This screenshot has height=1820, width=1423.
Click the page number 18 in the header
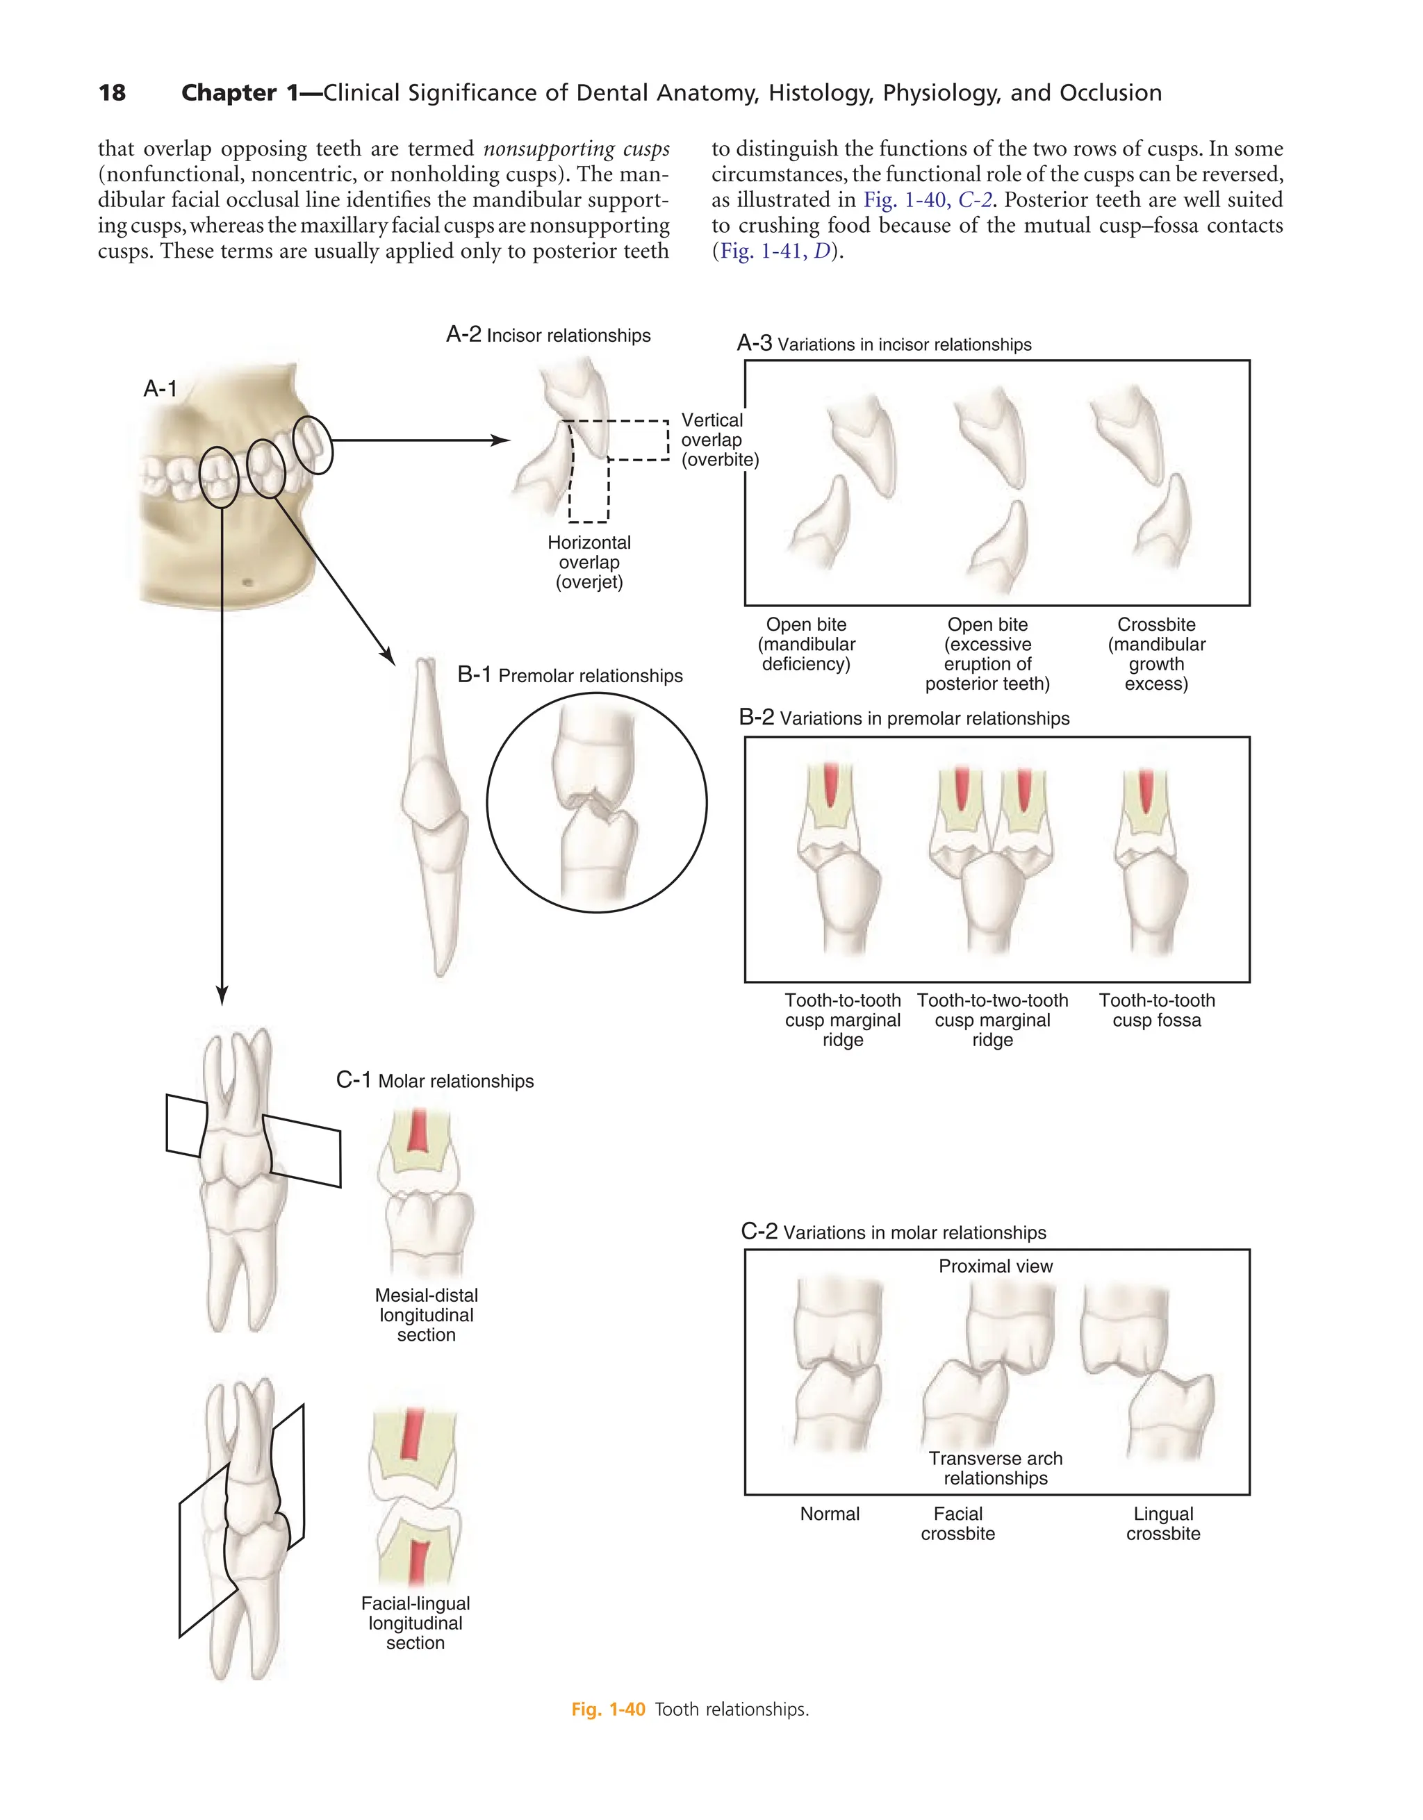pyautogui.click(x=112, y=92)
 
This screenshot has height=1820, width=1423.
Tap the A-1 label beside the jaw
pyautogui.click(x=160, y=388)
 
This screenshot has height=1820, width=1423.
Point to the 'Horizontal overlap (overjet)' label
pyautogui.click(x=589, y=562)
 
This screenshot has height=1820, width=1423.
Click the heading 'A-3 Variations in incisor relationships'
pyautogui.click(x=884, y=344)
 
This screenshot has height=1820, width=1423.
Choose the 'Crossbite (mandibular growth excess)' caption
pyautogui.click(x=1156, y=654)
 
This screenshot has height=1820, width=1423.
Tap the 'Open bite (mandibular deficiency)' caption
pyautogui.click(x=806, y=644)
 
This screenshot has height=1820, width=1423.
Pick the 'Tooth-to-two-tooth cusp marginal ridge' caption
pyautogui.click(x=992, y=1020)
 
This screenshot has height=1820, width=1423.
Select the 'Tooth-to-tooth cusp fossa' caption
pyautogui.click(x=1156, y=1010)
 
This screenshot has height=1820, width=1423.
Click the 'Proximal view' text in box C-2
pyautogui.click(x=996, y=1266)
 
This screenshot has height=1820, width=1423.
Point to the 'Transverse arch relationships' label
pyautogui.click(x=996, y=1469)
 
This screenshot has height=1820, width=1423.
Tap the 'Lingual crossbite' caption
pyautogui.click(x=1163, y=1523)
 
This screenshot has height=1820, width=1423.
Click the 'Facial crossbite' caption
pyautogui.click(x=958, y=1523)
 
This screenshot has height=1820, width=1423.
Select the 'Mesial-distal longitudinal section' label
pyautogui.click(x=426, y=1315)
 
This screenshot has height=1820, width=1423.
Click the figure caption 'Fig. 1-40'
pyautogui.click(x=608, y=1709)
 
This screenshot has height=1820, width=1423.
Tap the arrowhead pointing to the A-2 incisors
pyautogui.click(x=502, y=440)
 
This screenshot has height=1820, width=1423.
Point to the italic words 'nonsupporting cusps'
pyautogui.click(x=576, y=149)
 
